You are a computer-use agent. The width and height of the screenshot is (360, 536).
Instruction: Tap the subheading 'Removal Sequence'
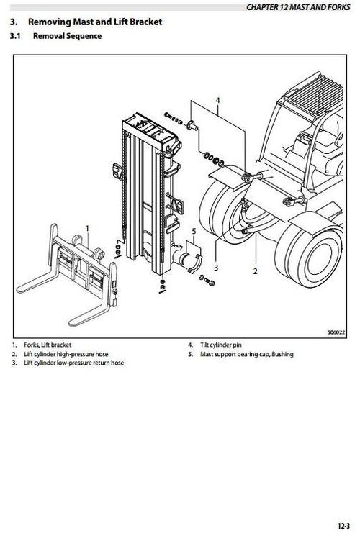[x=68, y=35]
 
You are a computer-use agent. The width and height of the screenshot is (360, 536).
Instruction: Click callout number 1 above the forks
[x=87, y=228]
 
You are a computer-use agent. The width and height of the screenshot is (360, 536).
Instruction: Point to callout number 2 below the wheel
[x=255, y=271]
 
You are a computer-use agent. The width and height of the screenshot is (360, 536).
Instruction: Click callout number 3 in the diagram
[x=215, y=266]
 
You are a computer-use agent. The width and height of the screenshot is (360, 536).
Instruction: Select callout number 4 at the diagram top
[x=217, y=100]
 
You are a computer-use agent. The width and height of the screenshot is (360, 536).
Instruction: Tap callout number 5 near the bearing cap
[x=193, y=231]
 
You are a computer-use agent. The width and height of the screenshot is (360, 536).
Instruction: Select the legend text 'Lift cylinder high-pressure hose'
[x=64, y=354]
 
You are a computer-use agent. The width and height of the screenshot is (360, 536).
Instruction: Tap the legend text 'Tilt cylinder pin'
[x=222, y=345]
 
